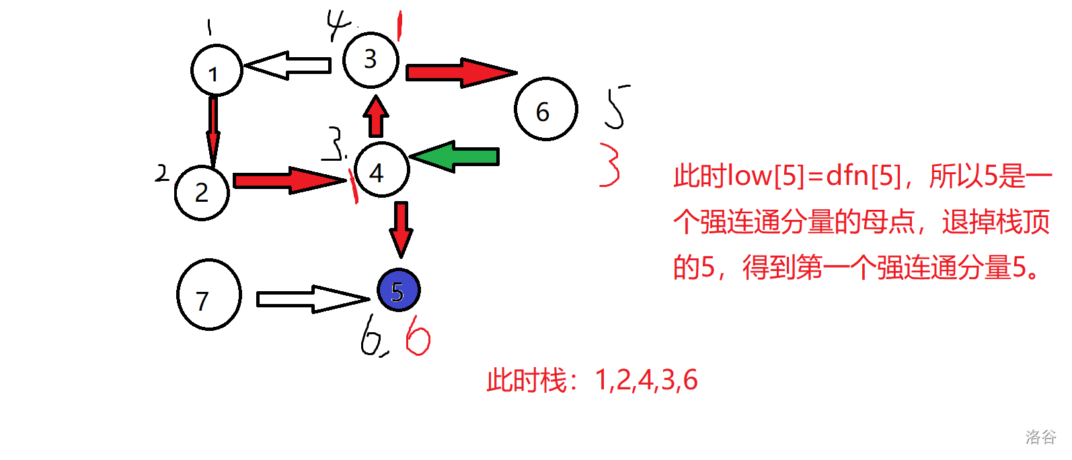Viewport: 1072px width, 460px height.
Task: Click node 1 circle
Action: click(x=216, y=71)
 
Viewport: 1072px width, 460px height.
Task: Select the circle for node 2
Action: click(x=202, y=192)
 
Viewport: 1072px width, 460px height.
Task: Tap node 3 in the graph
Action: click(x=371, y=59)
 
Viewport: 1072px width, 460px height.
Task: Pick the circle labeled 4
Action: click(x=381, y=169)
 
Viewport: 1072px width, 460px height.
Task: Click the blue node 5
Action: click(x=398, y=290)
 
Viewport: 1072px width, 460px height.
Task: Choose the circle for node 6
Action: click(x=545, y=109)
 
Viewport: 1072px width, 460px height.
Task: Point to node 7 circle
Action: click(x=208, y=295)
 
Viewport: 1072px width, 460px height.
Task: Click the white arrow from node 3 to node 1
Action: click(x=288, y=65)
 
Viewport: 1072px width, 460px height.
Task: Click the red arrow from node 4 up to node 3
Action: click(x=376, y=116)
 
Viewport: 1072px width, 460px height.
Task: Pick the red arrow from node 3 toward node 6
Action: click(x=461, y=73)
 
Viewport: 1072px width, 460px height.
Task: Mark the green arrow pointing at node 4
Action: click(x=455, y=157)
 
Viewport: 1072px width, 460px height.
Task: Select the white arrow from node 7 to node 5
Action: click(x=313, y=299)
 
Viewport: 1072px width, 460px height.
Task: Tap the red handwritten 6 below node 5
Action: click(x=418, y=335)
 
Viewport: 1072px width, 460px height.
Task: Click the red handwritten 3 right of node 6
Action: click(x=610, y=165)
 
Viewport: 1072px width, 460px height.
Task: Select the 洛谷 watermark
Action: click(x=1040, y=437)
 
